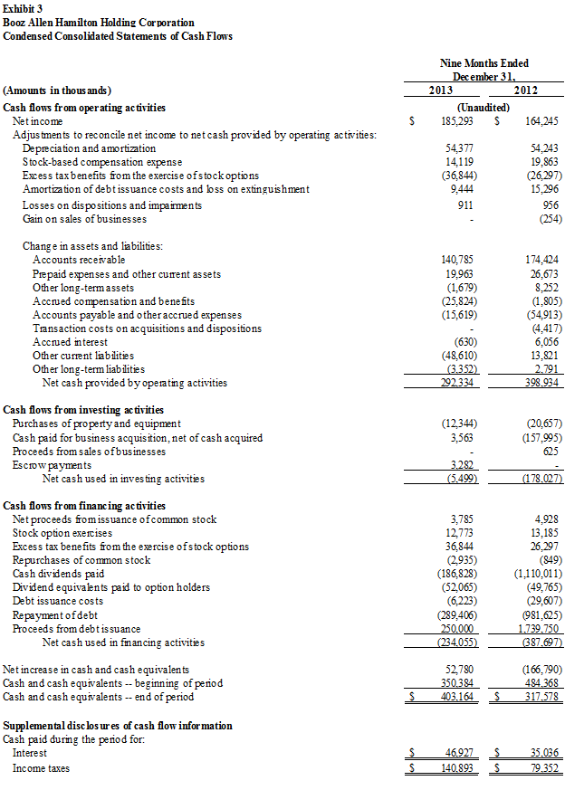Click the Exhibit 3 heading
[24, 8]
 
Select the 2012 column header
[526, 90]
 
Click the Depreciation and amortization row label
[89, 148]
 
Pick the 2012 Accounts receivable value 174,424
[541, 260]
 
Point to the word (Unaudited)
[484, 107]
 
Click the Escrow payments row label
[52, 465]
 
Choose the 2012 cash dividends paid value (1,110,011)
[537, 574]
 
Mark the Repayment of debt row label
[54, 614]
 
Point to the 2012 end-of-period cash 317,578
[541, 697]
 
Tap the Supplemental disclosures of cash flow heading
[118, 726]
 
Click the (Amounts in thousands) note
[57, 90]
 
